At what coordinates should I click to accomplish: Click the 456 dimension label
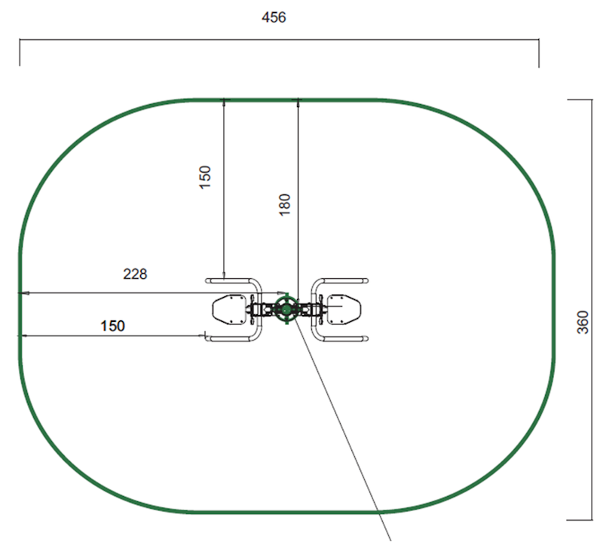tap(274, 17)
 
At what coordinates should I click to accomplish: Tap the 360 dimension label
tap(583, 323)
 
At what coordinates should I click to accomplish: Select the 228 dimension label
tap(135, 274)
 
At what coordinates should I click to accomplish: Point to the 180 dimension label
tap(284, 204)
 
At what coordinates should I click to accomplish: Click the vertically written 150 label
tap(205, 177)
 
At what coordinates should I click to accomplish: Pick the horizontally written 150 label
tap(112, 326)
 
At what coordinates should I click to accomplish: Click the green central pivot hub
tap(286, 309)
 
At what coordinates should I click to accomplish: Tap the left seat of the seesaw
tap(229, 310)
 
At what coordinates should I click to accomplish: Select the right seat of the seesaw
tap(344, 310)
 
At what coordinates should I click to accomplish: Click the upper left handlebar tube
tap(231, 280)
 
